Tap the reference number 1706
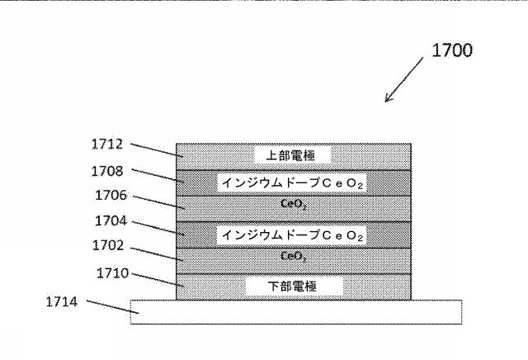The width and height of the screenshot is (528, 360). coord(107,197)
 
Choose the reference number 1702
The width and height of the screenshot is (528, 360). coord(107,245)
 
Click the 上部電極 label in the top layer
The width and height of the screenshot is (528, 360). coord(294,155)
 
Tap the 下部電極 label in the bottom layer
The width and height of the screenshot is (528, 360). coord(294,287)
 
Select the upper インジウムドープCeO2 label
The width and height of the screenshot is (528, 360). coord(294,182)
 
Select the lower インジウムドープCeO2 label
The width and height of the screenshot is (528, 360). coord(294,235)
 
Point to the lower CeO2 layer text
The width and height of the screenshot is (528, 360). coord(294,257)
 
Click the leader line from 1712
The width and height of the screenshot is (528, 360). coord(157,149)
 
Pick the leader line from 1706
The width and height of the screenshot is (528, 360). coord(157,203)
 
